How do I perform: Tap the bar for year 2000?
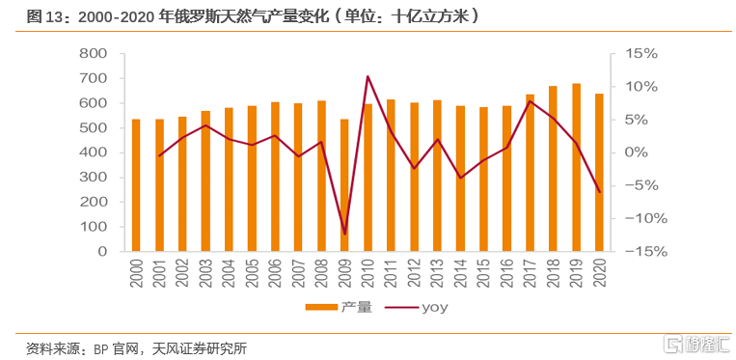136,184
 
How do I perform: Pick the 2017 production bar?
531,173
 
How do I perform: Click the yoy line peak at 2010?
368,76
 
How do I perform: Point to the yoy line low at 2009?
345,234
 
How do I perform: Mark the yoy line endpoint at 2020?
600,191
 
